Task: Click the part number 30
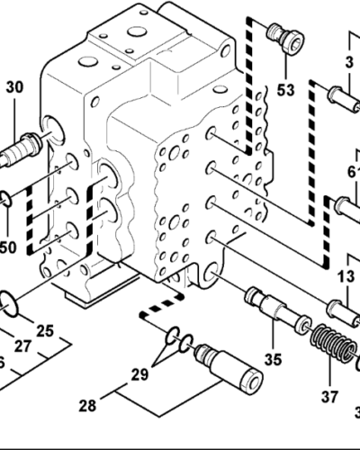(15, 87)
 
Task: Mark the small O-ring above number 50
(6, 197)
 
